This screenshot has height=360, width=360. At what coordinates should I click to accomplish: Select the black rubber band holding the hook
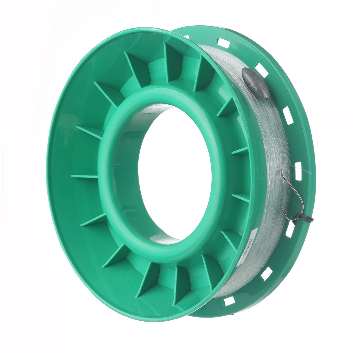pos(303,218)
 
